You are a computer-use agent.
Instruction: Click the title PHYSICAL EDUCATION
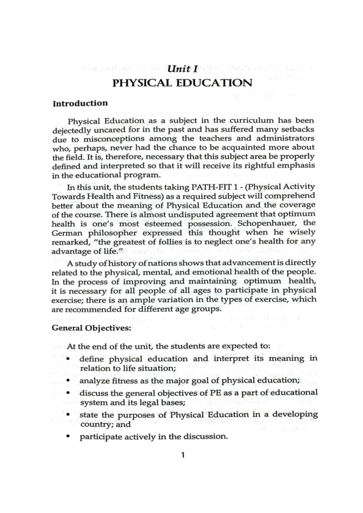click(182, 83)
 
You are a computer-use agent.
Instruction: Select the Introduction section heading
click(80, 103)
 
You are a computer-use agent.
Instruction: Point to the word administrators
click(283, 139)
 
